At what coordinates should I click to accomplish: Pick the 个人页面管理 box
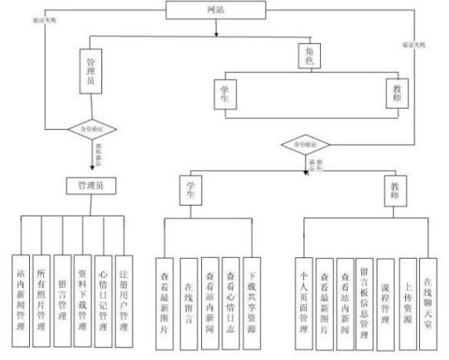tap(303, 299)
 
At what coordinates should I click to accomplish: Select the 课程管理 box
tap(388, 299)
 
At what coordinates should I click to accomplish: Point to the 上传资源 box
tap(408, 299)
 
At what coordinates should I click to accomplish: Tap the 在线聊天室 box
tap(428, 299)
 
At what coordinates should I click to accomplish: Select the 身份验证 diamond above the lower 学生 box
tap(305, 144)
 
